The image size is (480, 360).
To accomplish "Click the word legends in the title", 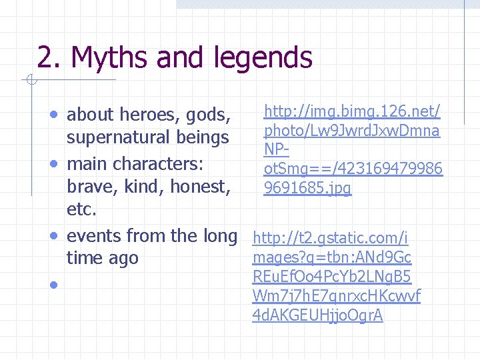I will point(263,59).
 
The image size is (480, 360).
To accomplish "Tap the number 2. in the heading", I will point(47,57).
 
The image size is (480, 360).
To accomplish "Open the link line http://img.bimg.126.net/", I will point(353,111).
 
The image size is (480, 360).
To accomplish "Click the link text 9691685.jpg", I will point(307,189).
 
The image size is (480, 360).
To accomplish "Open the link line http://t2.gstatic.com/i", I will point(331,237).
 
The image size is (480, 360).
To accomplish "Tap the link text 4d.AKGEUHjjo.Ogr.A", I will point(318,315).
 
